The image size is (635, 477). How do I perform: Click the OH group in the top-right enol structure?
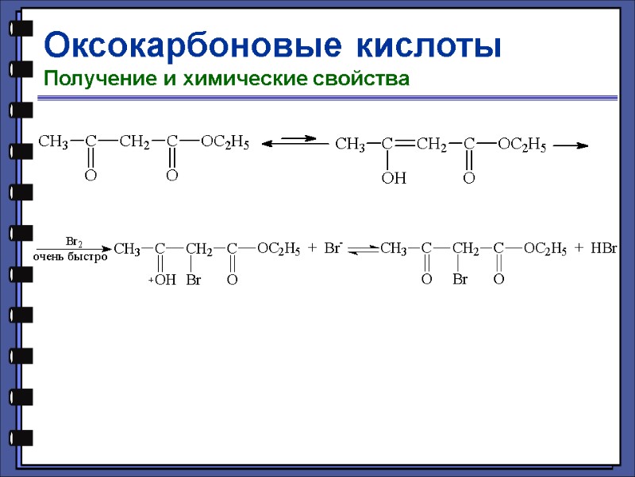[394, 179]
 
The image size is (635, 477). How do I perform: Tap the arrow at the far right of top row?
[570, 145]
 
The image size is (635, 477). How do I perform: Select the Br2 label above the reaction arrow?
[74, 240]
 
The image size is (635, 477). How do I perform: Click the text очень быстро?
[70, 258]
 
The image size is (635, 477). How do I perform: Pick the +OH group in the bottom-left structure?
[162, 280]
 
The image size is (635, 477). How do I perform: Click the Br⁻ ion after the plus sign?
[333, 249]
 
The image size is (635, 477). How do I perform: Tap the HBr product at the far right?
[604, 249]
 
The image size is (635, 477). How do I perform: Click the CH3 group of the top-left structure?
[54, 142]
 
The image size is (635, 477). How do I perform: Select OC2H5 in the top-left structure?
[225, 142]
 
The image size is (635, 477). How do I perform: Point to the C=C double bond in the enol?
[405, 145]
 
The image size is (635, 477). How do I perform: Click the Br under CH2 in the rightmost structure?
[460, 280]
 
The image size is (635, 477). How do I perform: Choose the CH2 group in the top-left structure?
[134, 142]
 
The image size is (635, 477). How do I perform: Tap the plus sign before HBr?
[579, 249]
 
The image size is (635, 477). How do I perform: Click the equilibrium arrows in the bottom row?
[364, 250]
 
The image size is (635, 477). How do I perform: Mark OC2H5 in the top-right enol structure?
[521, 145]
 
